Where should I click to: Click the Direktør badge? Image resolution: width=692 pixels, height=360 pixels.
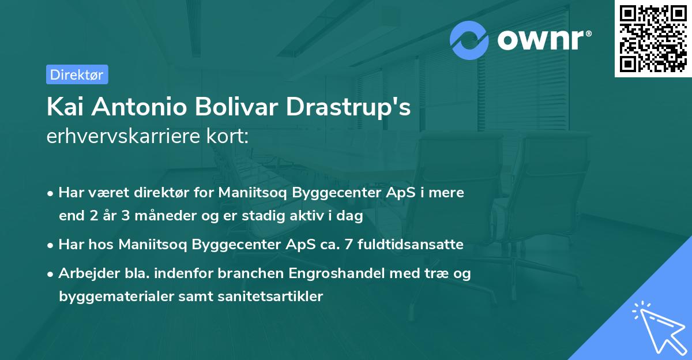click(77, 74)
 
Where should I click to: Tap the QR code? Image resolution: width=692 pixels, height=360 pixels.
click(653, 39)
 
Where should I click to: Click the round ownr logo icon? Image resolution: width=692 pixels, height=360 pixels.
click(469, 40)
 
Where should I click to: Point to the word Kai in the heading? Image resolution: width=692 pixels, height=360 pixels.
click(66, 107)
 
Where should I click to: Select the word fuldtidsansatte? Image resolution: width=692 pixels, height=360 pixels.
click(411, 245)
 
